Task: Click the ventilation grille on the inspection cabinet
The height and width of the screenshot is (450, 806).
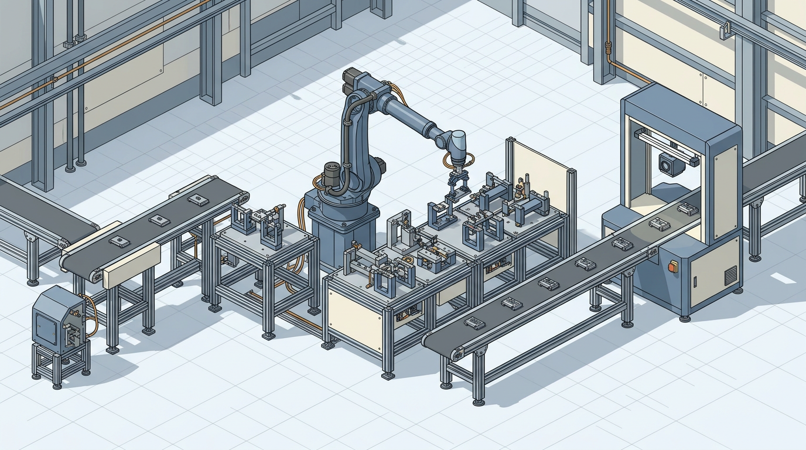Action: tap(730, 275)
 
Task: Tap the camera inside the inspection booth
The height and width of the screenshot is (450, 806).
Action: tap(671, 164)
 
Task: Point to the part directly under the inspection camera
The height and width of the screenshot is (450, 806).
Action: tap(687, 208)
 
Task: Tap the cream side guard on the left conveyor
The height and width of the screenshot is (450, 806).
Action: tap(132, 267)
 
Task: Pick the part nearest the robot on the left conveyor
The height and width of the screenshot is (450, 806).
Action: tap(198, 200)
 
